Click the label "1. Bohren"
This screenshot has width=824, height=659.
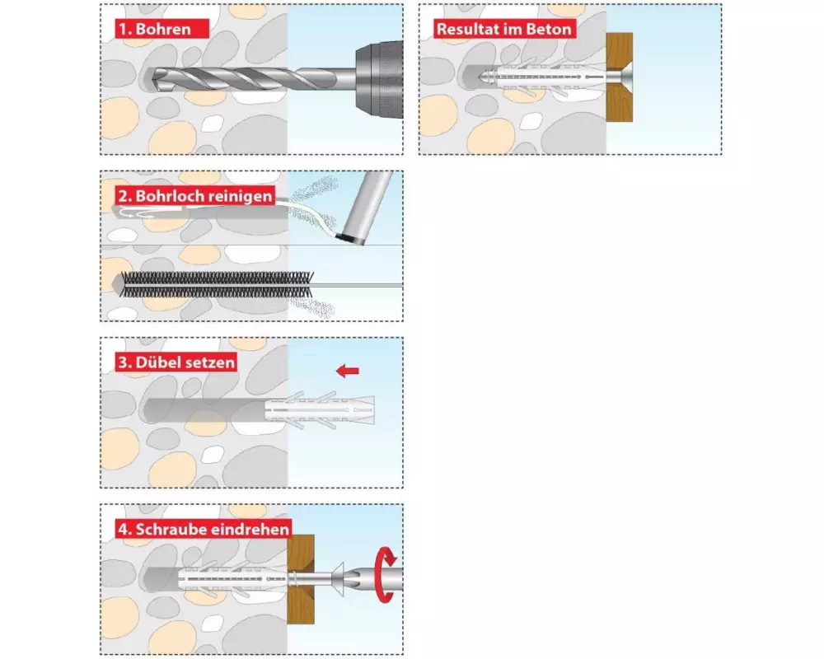(x=162, y=28)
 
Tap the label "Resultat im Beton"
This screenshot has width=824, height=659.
(x=504, y=28)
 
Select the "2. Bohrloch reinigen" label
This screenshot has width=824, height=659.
(x=195, y=196)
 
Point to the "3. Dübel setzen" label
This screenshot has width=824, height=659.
(x=176, y=362)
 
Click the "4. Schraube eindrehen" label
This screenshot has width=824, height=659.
(x=204, y=529)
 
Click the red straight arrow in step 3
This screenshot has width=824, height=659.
(x=348, y=371)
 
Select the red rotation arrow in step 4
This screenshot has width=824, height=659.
(x=386, y=574)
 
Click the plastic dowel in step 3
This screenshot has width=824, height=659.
(x=320, y=410)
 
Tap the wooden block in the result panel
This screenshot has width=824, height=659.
(x=619, y=77)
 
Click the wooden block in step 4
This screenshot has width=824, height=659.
(x=301, y=579)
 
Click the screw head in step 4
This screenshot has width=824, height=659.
(x=338, y=578)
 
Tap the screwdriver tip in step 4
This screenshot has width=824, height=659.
(x=353, y=578)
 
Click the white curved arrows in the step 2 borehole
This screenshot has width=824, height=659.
(x=136, y=213)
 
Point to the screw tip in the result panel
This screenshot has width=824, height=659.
(x=480, y=77)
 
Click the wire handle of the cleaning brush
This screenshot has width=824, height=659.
(x=358, y=285)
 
